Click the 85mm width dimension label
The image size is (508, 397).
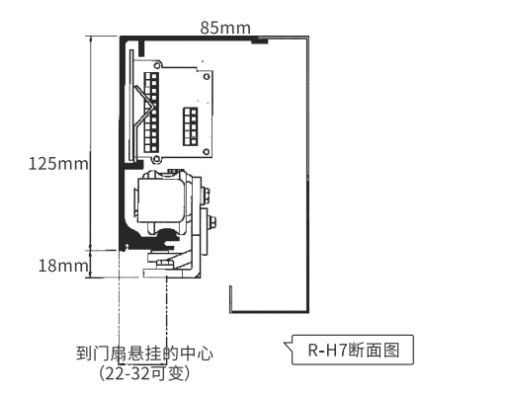(225, 28)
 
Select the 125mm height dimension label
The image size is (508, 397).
(58, 164)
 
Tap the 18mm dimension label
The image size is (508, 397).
(63, 266)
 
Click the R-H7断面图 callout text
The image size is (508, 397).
(354, 350)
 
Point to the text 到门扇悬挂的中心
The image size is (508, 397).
(144, 354)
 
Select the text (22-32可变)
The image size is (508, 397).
(144, 373)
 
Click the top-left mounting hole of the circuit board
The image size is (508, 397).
(157, 65)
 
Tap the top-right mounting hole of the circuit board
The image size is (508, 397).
(207, 77)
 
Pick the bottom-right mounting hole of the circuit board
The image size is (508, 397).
(207, 152)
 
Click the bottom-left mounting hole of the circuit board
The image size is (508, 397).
(157, 160)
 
